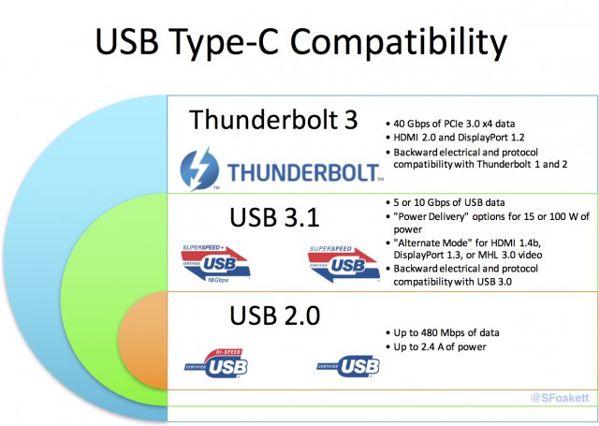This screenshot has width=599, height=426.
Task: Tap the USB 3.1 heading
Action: point(274,217)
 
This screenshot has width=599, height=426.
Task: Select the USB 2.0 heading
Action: point(274,315)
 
